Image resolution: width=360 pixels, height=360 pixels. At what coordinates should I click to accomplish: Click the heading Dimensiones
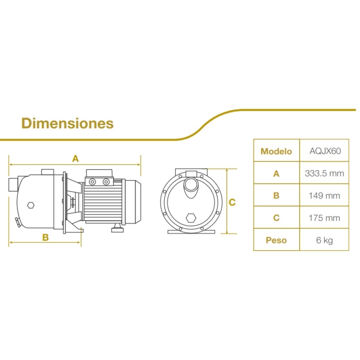click(67, 123)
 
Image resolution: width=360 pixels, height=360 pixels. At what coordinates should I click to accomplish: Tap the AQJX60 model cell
click(325, 151)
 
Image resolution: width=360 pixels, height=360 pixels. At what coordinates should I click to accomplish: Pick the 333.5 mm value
click(324, 173)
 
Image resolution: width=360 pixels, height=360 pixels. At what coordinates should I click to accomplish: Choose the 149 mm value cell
click(324, 196)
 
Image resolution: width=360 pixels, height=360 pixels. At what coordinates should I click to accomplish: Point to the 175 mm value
click(324, 218)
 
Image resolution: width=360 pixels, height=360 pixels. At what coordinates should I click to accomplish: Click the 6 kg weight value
click(324, 240)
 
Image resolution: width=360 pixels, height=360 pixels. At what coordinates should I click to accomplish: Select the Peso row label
click(276, 240)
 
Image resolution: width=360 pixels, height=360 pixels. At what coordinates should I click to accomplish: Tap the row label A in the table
click(276, 174)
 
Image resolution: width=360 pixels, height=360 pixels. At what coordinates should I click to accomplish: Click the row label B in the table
click(276, 196)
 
